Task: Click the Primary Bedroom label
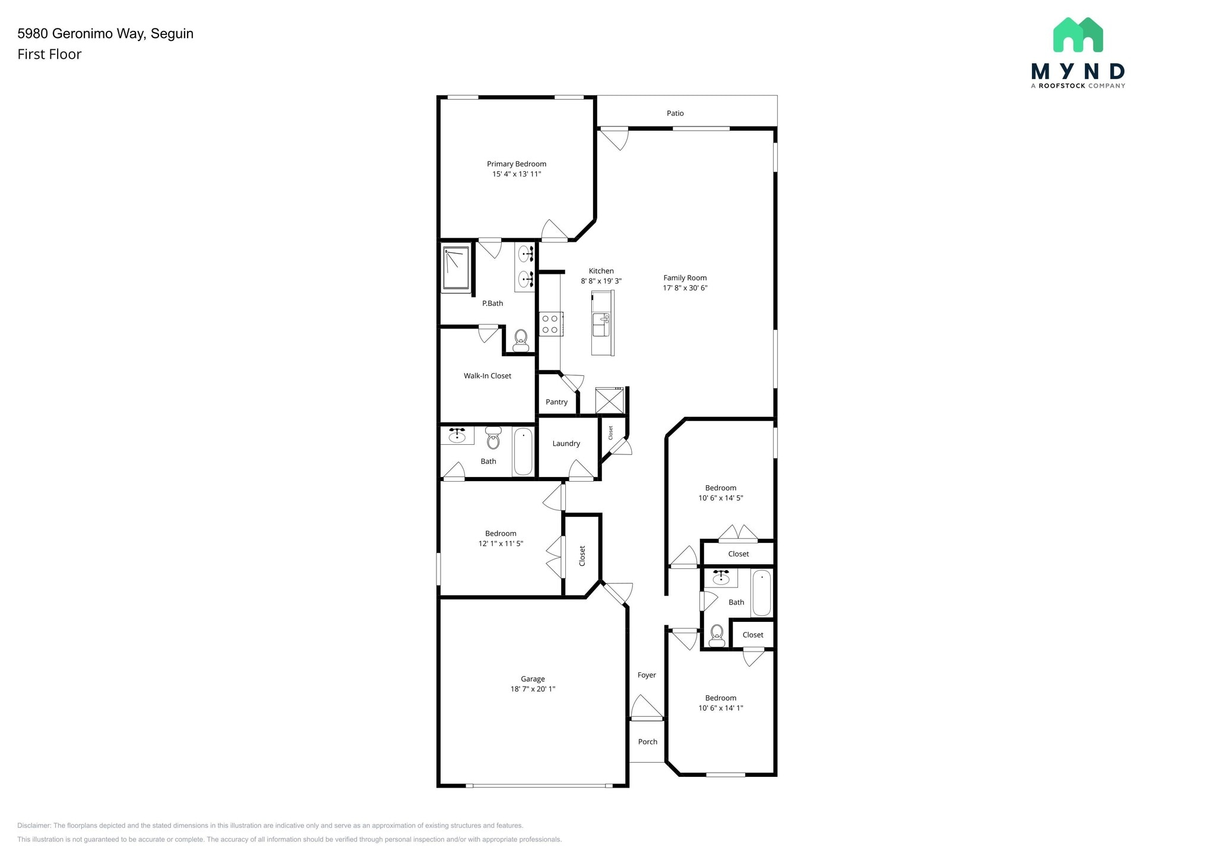517,164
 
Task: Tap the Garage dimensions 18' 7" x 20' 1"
533,689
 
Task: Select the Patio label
675,113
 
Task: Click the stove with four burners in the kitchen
550,324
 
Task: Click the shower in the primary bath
456,268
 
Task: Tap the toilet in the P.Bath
521,340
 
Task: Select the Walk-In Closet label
487,376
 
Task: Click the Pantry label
556,402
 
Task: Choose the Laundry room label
566,444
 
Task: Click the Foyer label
647,675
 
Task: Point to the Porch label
648,742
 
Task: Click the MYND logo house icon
1078,34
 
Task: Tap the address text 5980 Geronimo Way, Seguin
106,34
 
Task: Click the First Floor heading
49,54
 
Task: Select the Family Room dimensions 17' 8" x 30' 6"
685,288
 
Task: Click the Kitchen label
601,271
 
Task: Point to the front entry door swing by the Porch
647,707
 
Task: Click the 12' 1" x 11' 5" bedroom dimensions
501,543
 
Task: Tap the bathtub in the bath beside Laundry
523,452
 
